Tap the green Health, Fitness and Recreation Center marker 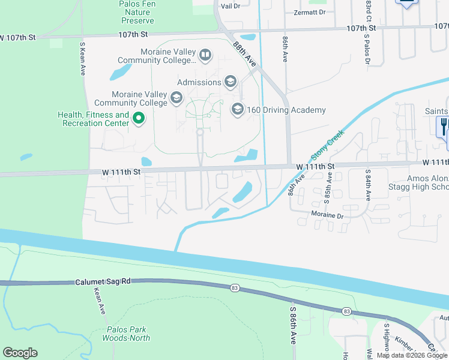point(139,119)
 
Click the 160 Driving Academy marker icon point(237,109)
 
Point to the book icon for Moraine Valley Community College point(205,56)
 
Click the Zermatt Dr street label point(310,12)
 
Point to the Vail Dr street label point(230,6)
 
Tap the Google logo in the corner point(20,353)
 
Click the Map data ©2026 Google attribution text point(412,355)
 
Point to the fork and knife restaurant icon point(443,125)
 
